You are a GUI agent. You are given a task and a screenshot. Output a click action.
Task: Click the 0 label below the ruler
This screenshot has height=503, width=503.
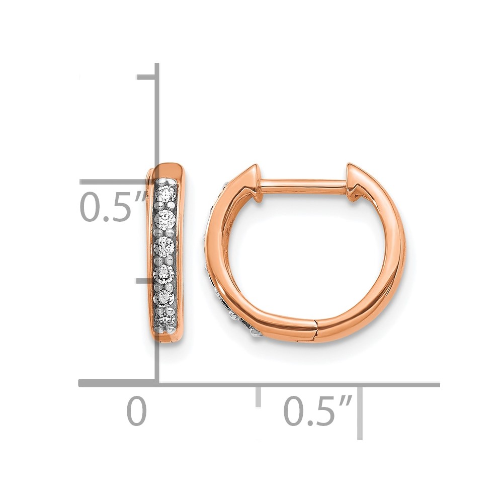137,411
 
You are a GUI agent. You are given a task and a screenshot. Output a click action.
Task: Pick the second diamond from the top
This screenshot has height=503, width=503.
164,219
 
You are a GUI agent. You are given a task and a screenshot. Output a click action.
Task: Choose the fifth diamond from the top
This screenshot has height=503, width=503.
164,298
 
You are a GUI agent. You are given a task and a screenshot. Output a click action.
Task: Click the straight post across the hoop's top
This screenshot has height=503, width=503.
304,187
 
